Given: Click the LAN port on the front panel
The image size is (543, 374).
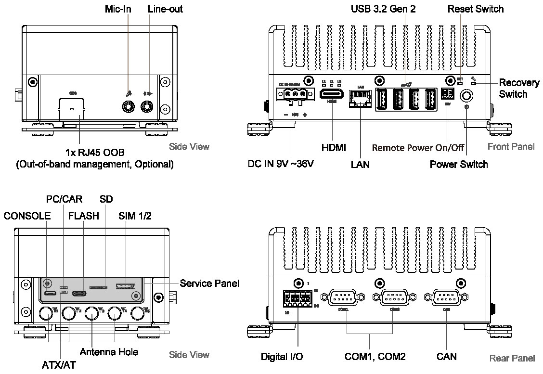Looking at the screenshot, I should [x=359, y=99].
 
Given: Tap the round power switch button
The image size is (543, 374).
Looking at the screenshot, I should [x=466, y=96].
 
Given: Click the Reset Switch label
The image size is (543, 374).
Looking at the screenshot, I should [x=475, y=9].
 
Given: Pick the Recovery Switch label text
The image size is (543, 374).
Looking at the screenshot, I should [x=519, y=88].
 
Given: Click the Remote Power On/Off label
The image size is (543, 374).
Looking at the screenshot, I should [x=418, y=148].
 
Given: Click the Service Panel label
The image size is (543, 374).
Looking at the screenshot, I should [x=209, y=283].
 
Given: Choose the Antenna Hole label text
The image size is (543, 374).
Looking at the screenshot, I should [x=109, y=352].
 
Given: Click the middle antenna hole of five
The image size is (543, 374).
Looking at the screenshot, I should [x=92, y=314].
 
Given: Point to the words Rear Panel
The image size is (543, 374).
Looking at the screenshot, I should [x=512, y=358].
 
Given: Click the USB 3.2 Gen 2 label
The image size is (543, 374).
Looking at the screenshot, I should [x=383, y=9].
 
